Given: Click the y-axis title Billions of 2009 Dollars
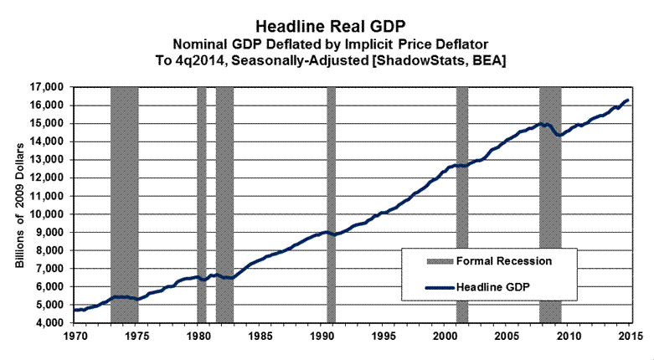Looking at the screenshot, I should (20, 204).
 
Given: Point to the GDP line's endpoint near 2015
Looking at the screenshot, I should (628, 100).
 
